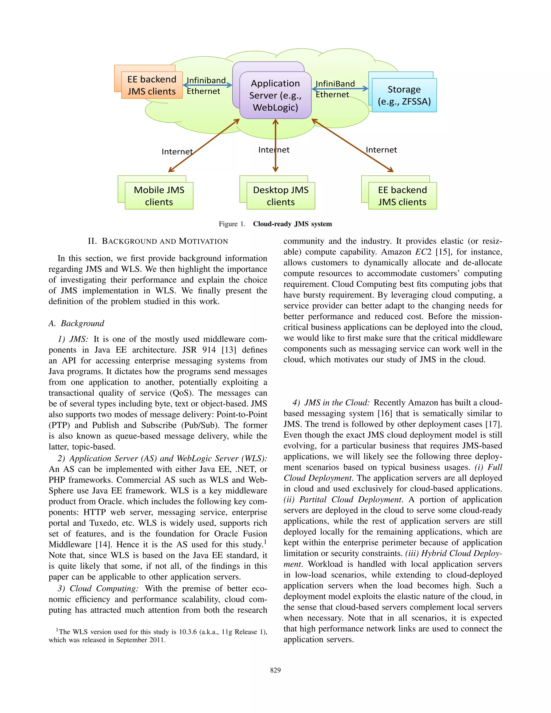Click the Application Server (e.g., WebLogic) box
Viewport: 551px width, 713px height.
[275, 95]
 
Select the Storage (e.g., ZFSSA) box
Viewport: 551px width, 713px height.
[404, 95]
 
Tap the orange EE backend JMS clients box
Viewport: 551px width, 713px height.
[152, 85]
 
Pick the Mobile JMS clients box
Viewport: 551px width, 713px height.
[159, 196]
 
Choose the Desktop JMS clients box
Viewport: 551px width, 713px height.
[281, 196]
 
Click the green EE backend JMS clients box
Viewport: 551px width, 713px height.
[402, 196]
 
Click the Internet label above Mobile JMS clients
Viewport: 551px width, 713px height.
[177, 151]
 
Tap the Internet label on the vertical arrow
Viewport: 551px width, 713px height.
[274, 150]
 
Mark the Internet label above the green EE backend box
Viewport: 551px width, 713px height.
[381, 150]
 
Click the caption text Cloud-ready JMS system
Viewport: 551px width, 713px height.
[292, 224]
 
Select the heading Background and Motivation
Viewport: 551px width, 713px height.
[158, 241]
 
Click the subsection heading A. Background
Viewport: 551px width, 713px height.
[76, 323]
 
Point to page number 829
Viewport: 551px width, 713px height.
[275, 670]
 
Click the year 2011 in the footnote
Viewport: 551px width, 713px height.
[157, 640]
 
